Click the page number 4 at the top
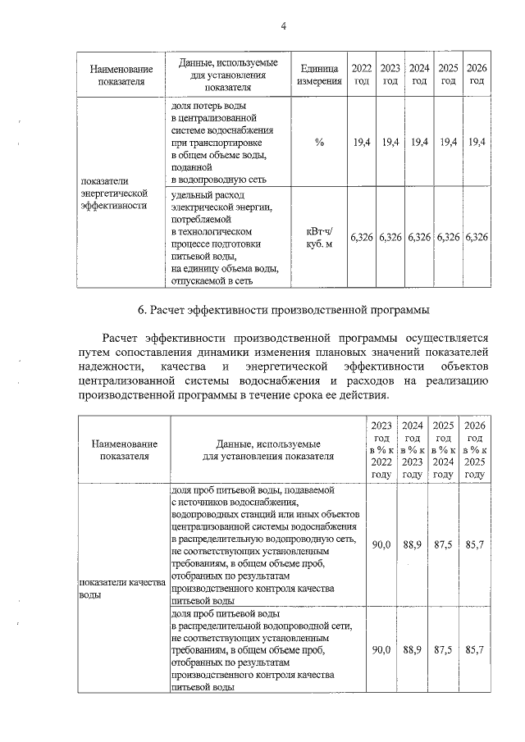pyautogui.click(x=283, y=26)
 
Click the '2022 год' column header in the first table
pyautogui.click(x=362, y=74)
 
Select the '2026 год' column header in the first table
pyautogui.click(x=477, y=74)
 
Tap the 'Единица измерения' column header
pyautogui.click(x=319, y=74)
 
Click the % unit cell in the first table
pyautogui.click(x=319, y=143)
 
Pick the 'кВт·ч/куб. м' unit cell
pyautogui.click(x=319, y=237)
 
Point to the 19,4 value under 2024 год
pyautogui.click(x=419, y=143)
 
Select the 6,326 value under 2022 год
pyautogui.click(x=362, y=237)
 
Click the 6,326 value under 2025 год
pyautogui.click(x=448, y=237)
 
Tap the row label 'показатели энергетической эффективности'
pyautogui.click(x=113, y=192)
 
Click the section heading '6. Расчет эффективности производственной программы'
pyautogui.click(x=283, y=310)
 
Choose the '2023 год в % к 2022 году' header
pyautogui.click(x=381, y=449)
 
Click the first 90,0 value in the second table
pyautogui.click(x=381, y=544)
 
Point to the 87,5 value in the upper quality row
pyautogui.click(x=443, y=544)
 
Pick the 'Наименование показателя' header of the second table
pyautogui.click(x=124, y=449)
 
